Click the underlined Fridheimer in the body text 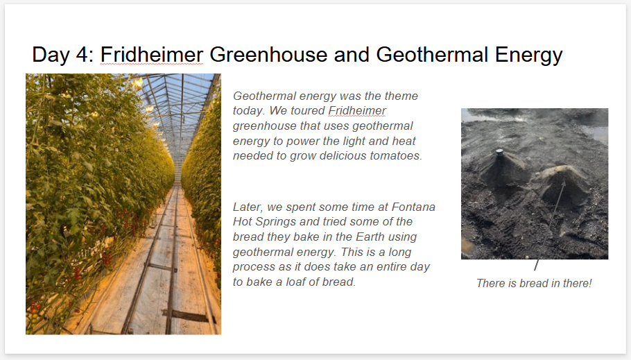(357, 111)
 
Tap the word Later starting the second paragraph (248, 207)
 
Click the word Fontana (414, 207)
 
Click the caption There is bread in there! (534, 284)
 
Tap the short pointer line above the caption (536, 265)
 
